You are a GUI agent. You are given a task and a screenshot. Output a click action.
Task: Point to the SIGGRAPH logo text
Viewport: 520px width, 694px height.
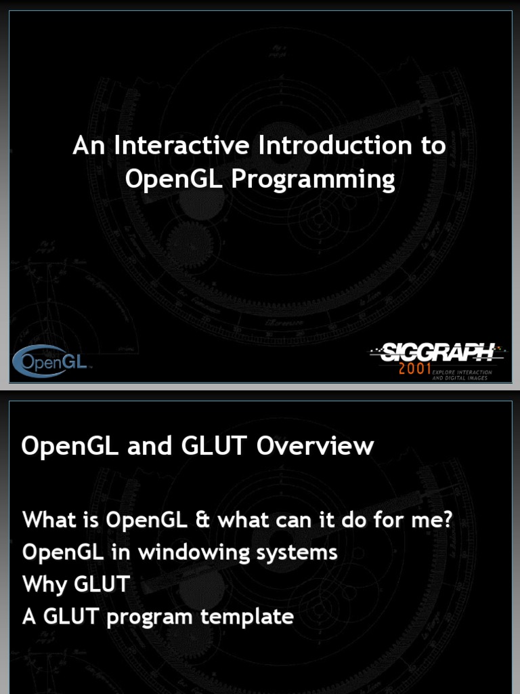(437, 352)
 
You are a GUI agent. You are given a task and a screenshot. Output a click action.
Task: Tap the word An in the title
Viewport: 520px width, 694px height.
(86, 146)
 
